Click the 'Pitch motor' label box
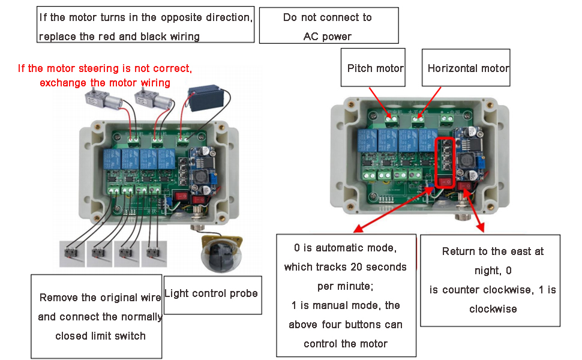pos(375,68)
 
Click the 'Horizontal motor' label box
pos(468,68)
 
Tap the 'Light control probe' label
pos(211,293)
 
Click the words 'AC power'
pos(327,36)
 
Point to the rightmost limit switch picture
pos(155,254)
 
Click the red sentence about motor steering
pos(105,75)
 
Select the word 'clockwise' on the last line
pos(493,309)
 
